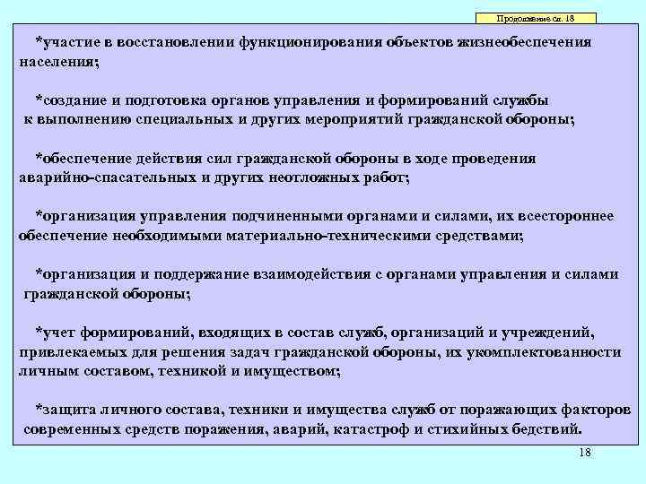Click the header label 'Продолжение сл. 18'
tap(535, 19)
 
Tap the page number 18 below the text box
tap(586, 454)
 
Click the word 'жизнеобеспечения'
tap(510, 42)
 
